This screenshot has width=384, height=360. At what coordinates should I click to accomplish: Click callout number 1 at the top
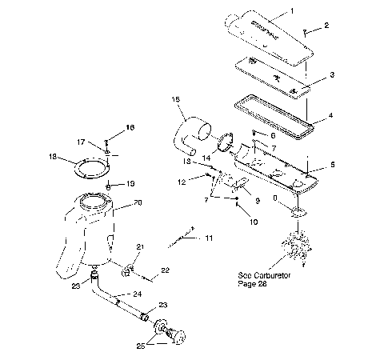tap(314, 10)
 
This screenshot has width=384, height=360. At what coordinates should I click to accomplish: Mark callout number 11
tap(210, 238)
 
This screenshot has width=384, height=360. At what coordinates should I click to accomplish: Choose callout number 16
tap(130, 128)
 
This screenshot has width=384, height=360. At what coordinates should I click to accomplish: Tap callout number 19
tap(130, 183)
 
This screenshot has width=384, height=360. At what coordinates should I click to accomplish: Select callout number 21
tap(139, 246)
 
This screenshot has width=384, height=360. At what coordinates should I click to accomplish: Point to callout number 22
tap(166, 271)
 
